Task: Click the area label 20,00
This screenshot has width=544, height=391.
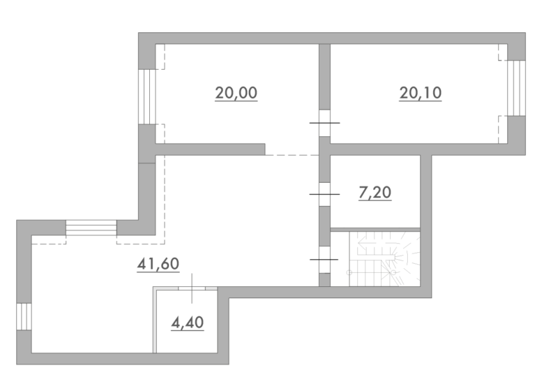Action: point(236,93)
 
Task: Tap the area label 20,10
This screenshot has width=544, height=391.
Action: point(420,93)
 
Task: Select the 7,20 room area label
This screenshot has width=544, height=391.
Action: point(375,193)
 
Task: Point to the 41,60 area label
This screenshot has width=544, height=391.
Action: point(158,264)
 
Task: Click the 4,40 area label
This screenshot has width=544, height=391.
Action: point(188,323)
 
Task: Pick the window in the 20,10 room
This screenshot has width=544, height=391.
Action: point(516,88)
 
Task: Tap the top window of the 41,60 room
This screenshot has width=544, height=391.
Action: point(91,228)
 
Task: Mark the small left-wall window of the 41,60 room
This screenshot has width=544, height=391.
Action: point(24,317)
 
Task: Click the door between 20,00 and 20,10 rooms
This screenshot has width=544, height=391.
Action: point(324,123)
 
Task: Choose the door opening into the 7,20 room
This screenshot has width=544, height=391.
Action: point(324,195)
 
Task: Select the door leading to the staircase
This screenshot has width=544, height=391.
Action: point(324,260)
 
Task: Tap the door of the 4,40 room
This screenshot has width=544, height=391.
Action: point(192,288)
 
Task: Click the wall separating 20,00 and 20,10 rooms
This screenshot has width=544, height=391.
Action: point(324,77)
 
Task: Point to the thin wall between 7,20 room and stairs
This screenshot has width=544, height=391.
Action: point(375,230)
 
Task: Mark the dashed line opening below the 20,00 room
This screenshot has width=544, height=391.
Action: point(292,155)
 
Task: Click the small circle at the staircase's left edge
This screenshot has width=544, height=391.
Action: point(349,272)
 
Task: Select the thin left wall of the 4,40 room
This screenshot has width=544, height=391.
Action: point(155,320)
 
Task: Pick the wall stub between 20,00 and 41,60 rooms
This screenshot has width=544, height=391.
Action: point(210,149)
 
